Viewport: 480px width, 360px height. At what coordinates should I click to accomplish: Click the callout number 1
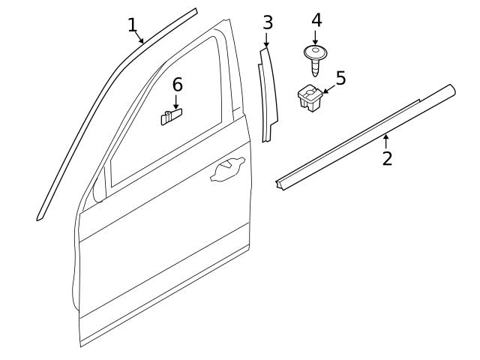tap(133, 25)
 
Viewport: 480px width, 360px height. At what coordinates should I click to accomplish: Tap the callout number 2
tap(387, 158)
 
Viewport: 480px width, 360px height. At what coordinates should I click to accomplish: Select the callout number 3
tap(268, 22)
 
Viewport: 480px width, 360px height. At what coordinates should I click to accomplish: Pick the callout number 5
tap(340, 78)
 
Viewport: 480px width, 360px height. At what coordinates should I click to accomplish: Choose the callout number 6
tap(177, 85)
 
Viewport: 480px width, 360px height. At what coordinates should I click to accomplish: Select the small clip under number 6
tap(172, 116)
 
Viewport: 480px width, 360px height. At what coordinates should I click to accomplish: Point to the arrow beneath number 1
tap(140, 38)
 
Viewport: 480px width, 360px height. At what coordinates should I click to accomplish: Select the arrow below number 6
tap(176, 102)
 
